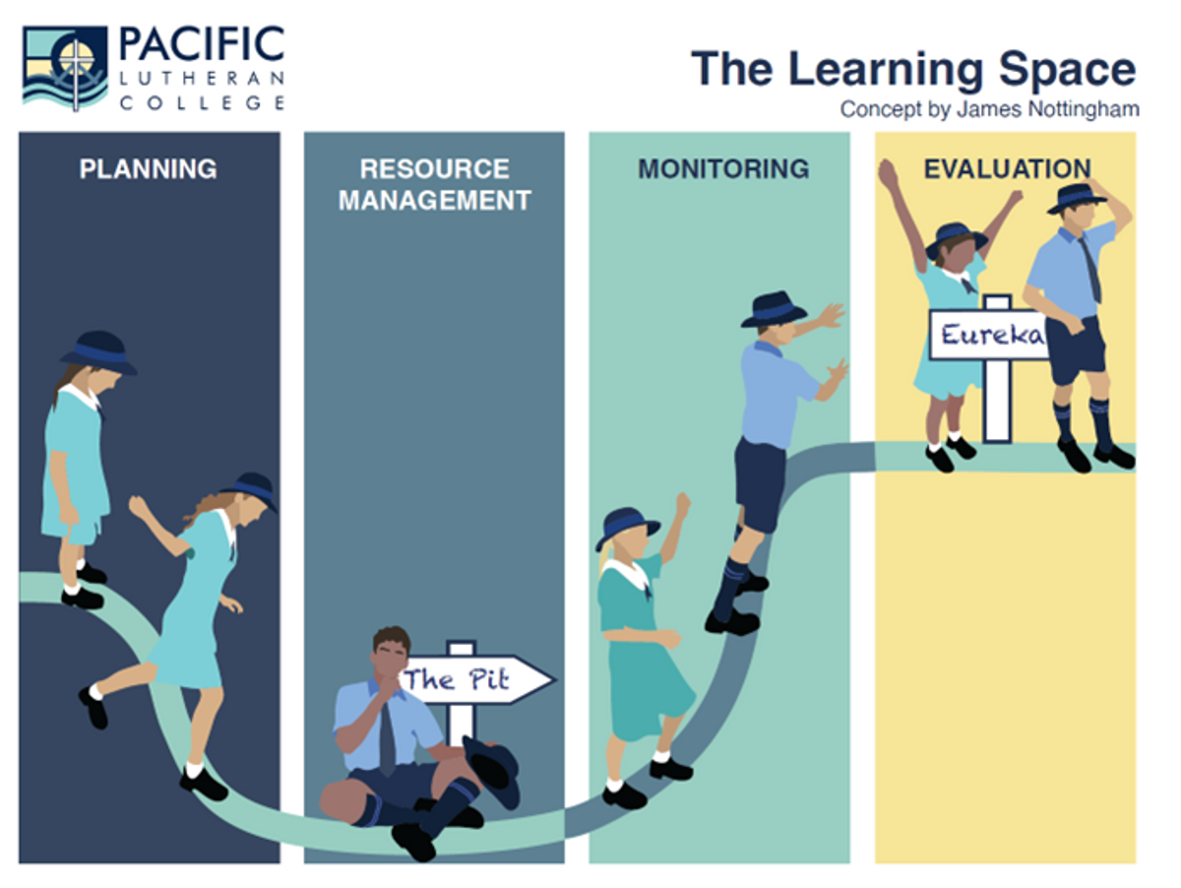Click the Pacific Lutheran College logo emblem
coord(65,68)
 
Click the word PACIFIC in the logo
coord(202,44)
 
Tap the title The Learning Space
coord(913,70)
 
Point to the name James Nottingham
coord(1047,110)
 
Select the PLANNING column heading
coord(148,169)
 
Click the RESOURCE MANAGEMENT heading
coord(435,185)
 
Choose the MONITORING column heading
coord(723,169)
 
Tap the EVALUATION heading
coord(1007,169)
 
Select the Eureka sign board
coord(989,334)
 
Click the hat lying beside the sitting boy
coord(492,771)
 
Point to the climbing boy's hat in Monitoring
coord(774,309)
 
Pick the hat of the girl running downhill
coord(252,490)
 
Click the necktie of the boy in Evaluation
coord(1090,269)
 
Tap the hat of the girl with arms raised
coord(956,240)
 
